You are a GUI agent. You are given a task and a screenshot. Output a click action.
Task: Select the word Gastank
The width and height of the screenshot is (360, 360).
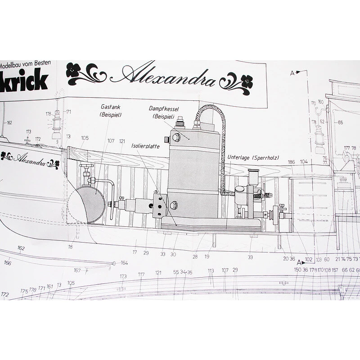(111, 108)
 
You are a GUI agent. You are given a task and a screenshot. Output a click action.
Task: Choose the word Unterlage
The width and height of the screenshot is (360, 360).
(239, 157)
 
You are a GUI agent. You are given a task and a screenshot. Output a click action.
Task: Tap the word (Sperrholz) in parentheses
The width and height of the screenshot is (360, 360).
(266, 157)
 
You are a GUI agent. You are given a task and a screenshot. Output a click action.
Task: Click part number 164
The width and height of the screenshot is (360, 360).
(124, 263)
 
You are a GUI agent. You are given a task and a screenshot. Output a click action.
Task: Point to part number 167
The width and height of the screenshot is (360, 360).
(77, 270)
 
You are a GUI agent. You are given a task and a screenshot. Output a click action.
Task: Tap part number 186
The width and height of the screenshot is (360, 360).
(291, 162)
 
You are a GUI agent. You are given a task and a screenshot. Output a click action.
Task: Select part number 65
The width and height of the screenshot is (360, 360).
(340, 122)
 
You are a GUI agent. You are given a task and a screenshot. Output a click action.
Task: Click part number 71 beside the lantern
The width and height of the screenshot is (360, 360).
(69, 112)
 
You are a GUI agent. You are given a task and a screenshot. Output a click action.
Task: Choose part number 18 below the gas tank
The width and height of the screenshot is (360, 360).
(70, 247)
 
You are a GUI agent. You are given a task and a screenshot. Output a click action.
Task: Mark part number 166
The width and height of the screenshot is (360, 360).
(8, 263)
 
